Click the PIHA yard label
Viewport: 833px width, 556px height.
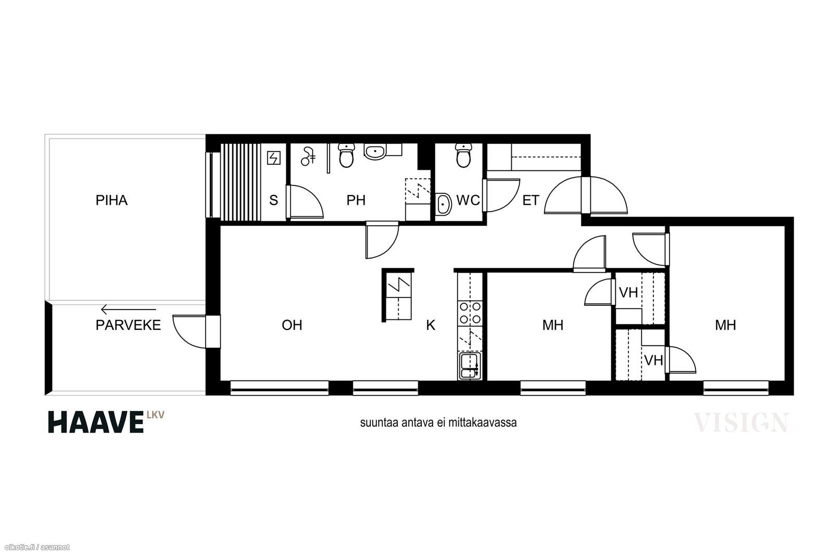111,200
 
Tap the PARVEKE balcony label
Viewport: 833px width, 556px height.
128,325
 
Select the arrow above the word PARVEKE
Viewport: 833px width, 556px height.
129,309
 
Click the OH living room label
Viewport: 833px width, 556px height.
292,325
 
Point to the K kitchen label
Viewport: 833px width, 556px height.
431,325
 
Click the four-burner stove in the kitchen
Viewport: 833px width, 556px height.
471,313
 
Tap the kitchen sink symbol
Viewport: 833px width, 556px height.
470,366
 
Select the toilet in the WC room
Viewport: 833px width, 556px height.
463,155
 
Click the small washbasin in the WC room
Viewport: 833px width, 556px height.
443,204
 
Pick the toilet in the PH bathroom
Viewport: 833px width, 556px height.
346,155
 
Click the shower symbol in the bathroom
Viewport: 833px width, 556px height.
308,156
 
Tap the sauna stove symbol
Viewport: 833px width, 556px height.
274,158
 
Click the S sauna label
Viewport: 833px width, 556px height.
274,200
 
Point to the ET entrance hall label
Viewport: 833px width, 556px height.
531,200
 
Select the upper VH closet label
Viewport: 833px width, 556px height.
628,292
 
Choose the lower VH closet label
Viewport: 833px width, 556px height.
653,360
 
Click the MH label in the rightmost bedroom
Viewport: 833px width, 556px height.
726,325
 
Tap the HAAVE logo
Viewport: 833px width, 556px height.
106,422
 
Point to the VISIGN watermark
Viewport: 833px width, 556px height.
741,423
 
